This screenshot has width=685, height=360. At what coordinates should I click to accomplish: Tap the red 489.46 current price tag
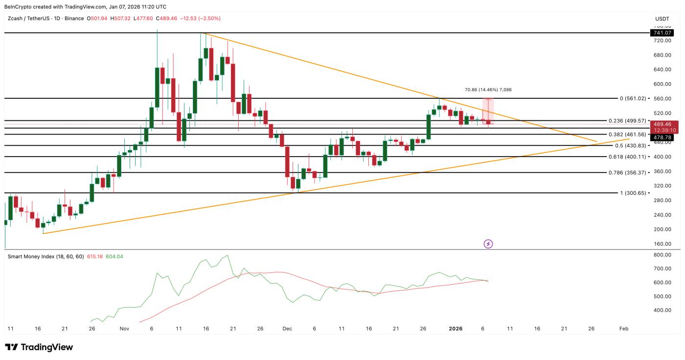click(x=663, y=125)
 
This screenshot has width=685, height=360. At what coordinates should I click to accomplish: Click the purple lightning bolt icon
click(x=488, y=244)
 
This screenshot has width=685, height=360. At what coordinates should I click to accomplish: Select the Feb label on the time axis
click(x=623, y=329)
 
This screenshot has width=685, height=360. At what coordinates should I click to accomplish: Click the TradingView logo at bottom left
click(x=39, y=347)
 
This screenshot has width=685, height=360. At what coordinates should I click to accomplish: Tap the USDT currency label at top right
click(x=662, y=19)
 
